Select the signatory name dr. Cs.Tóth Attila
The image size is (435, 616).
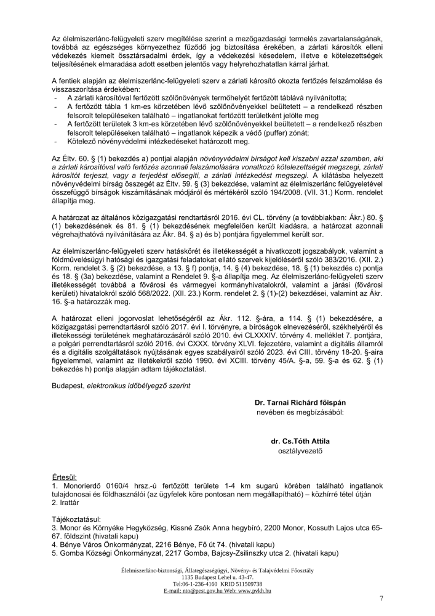(x=300, y=442)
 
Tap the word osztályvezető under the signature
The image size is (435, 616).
(x=300, y=450)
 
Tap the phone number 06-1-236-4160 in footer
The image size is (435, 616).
(x=202, y=583)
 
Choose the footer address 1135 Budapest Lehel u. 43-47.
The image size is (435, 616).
(x=217, y=577)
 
